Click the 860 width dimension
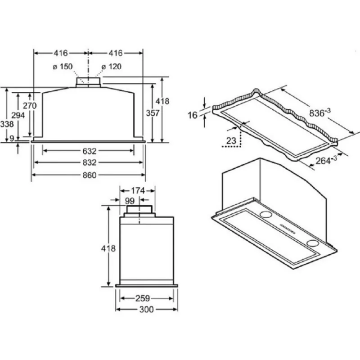89,175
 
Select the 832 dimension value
89,162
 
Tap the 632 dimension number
89,151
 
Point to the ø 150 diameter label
63,67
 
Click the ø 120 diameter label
111,67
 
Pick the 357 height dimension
153,113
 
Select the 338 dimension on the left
7,124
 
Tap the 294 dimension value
18,115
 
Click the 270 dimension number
30,106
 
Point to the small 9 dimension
12,138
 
